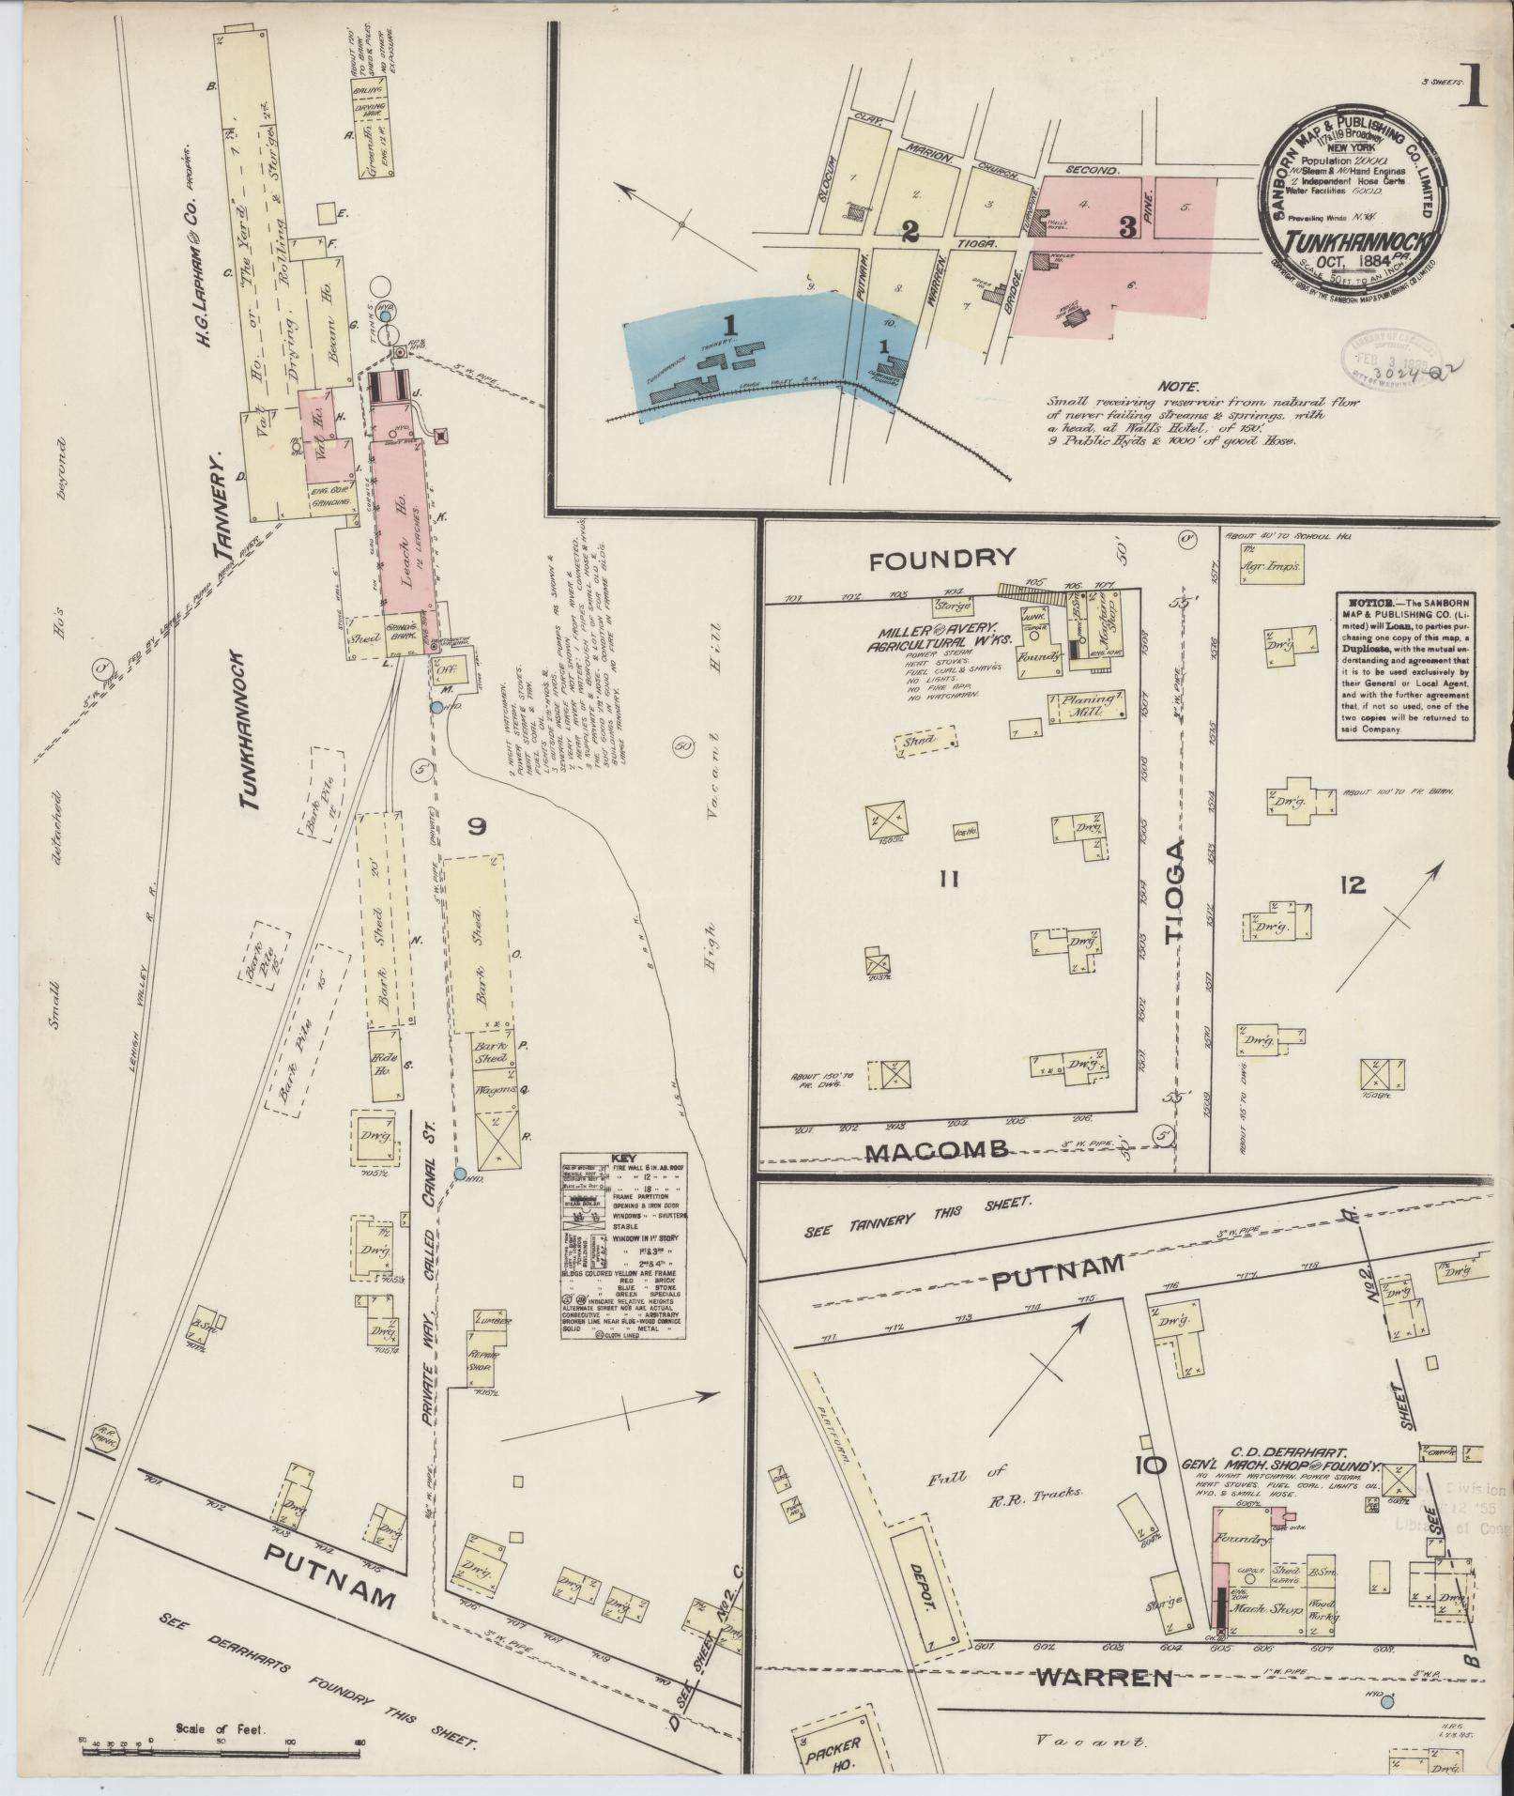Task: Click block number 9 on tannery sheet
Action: pyautogui.click(x=477, y=826)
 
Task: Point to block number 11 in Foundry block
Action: pyautogui.click(x=949, y=879)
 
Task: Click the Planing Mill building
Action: pyautogui.click(x=1089, y=705)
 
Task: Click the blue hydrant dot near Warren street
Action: pyautogui.click(x=1388, y=1700)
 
